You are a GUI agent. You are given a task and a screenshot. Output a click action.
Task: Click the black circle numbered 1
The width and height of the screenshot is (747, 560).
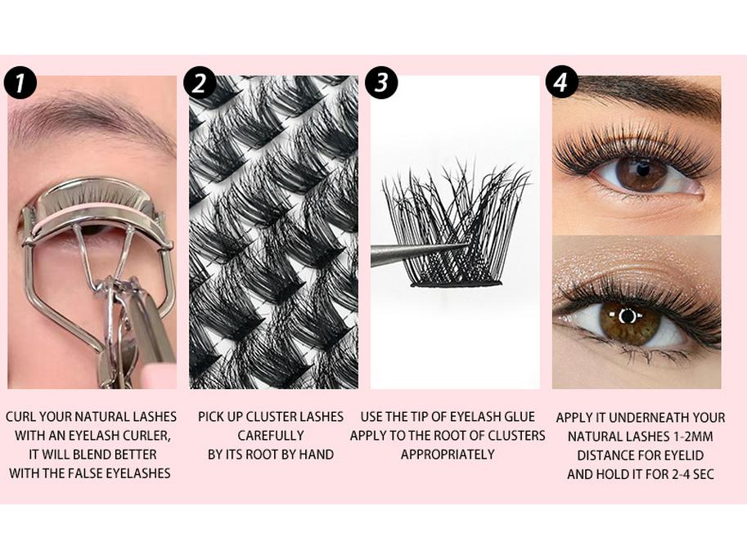(x=20, y=83)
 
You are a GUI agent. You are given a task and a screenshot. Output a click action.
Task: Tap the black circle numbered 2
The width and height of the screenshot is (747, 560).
(x=200, y=83)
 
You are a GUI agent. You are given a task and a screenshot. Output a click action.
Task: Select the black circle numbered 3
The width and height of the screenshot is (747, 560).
(x=381, y=83)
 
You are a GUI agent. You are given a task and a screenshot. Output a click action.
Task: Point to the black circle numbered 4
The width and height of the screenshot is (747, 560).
(x=562, y=82)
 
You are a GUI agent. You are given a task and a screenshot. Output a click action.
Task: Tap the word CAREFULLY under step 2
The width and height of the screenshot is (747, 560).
(x=271, y=436)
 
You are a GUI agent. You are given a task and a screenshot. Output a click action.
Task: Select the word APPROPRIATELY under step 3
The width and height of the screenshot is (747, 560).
(x=448, y=455)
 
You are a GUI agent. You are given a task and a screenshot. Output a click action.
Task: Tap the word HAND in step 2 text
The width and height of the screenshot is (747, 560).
(x=316, y=455)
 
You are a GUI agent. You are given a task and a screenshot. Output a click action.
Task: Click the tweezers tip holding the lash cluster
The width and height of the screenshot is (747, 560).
(x=466, y=246)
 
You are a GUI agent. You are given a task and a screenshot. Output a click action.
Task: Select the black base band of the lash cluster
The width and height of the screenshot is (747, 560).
(x=456, y=284)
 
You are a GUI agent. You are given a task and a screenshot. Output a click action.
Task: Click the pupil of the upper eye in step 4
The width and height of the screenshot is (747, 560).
(x=642, y=168)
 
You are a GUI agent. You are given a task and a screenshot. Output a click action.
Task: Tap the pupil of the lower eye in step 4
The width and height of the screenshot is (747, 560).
(x=628, y=316)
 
